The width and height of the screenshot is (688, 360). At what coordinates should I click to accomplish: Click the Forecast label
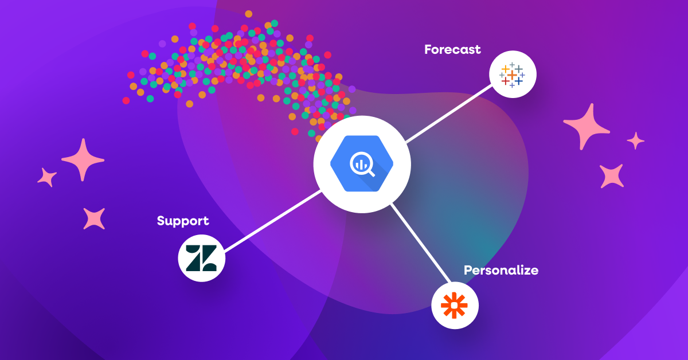[452, 49]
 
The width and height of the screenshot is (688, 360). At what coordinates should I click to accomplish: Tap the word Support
[183, 221]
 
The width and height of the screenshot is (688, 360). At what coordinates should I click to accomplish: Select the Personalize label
[501, 270]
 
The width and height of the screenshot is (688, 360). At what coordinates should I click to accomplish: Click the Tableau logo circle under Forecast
[513, 75]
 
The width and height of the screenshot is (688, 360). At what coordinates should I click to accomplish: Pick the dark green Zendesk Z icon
[201, 258]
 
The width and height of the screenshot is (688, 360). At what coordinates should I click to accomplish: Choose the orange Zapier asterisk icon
[455, 305]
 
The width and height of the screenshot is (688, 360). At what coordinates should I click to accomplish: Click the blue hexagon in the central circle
[361, 164]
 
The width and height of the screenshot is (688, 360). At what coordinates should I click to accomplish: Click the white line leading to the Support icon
[272, 221]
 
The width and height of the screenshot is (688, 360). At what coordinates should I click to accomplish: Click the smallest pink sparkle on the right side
[635, 140]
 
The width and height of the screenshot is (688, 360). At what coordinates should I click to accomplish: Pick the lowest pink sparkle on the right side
[612, 175]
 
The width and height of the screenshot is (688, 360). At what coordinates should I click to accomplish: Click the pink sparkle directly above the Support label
[94, 218]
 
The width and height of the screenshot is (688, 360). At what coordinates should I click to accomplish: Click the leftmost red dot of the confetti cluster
[126, 101]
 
